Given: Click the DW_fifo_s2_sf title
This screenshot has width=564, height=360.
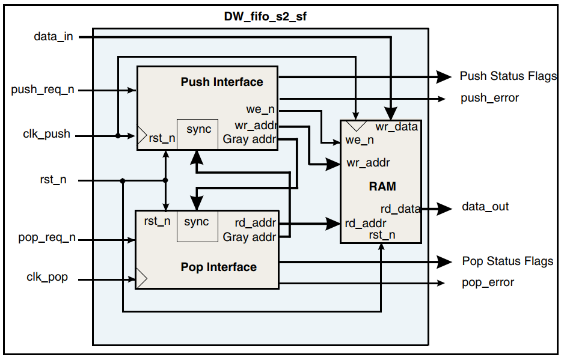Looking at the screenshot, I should click(265, 17).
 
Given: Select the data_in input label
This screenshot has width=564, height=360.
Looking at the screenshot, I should click(54, 37).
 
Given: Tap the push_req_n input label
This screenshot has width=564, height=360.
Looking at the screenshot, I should click(43, 90).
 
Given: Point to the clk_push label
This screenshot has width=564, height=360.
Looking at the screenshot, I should click(48, 135).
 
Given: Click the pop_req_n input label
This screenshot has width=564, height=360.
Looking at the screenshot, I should click(47, 237).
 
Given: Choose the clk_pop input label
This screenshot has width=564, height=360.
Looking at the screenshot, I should click(47, 277).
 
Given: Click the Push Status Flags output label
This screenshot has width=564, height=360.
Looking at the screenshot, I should click(508, 76).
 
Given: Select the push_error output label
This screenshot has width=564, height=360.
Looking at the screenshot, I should click(489, 97).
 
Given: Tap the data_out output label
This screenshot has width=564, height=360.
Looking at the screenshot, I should click(485, 207).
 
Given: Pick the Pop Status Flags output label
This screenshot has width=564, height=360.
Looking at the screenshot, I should click(507, 261).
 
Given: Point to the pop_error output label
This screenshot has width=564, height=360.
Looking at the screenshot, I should click(488, 282).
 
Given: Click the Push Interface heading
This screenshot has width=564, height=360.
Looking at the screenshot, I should click(222, 82).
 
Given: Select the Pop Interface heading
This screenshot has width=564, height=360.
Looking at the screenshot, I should click(218, 267).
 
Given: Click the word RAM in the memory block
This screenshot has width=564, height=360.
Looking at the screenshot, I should click(382, 186).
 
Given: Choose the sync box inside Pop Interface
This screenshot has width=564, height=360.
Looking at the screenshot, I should click(197, 226).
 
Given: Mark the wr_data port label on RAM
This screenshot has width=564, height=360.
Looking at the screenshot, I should click(396, 127).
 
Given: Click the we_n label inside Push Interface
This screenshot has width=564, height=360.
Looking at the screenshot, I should click(260, 110).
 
